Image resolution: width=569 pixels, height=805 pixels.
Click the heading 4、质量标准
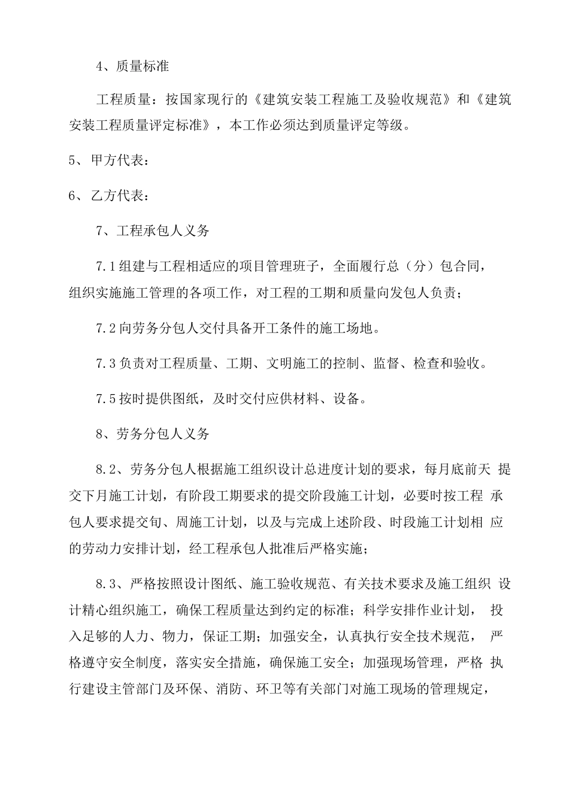tap(132, 66)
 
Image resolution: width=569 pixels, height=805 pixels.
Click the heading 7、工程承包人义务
tap(152, 231)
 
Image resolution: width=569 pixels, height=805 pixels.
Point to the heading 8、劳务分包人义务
tap(152, 434)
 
